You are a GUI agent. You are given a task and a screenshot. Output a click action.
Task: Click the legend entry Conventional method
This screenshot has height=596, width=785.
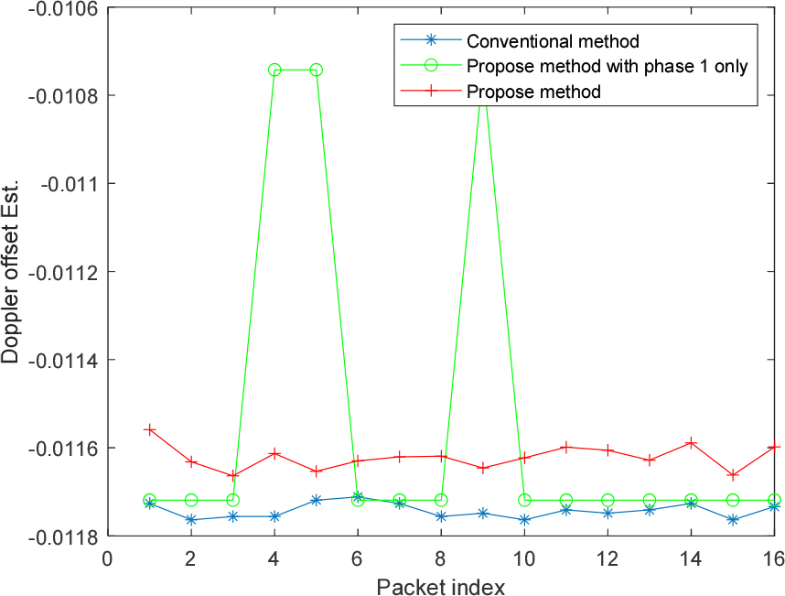pos(552,41)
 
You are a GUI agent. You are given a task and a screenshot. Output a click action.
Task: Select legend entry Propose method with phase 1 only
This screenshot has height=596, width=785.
pos(607,66)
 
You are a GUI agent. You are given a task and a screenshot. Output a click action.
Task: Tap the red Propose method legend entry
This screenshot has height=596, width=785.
pos(533,92)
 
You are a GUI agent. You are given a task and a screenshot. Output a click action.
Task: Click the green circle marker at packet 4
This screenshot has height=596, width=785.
pos(274,70)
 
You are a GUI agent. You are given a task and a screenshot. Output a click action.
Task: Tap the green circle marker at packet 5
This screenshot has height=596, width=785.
pos(316,70)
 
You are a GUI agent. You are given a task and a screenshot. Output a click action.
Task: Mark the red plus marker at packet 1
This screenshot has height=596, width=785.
pos(149,429)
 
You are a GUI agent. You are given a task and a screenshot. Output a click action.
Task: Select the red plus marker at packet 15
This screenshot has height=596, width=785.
pos(733,475)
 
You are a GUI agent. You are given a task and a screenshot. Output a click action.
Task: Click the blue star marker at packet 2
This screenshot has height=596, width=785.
pos(191,519)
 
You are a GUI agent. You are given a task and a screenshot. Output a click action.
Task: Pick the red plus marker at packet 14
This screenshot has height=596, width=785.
pos(691,443)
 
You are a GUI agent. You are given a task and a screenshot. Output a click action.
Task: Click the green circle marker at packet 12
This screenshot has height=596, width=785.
pos(608,500)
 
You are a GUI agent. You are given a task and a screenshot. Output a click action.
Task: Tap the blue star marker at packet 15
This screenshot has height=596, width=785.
pos(733,519)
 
